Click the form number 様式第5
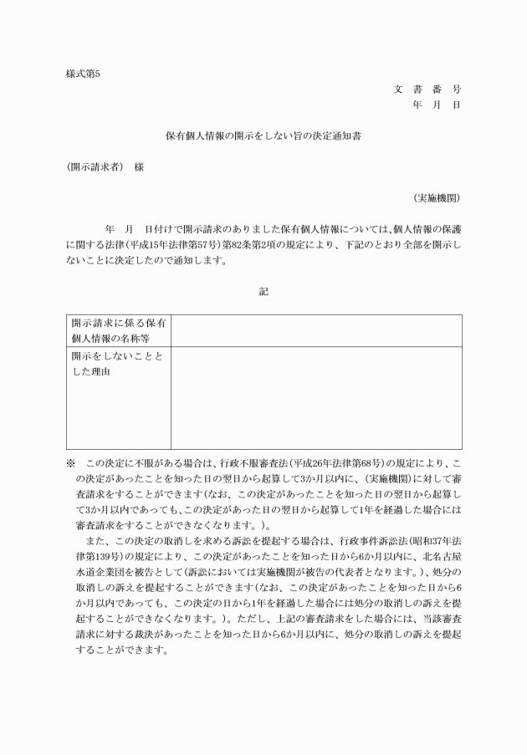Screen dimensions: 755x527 pyautogui.click(x=83, y=74)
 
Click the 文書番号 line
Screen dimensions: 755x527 pyautogui.click(x=427, y=89)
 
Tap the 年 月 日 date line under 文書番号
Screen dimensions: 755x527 pyautogui.click(x=436, y=105)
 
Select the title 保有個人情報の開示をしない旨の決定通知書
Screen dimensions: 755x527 pyautogui.click(x=263, y=134)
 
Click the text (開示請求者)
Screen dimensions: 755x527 pyautogui.click(x=95, y=166)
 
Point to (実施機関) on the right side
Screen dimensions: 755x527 pyautogui.click(x=436, y=198)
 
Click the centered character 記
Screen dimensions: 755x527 pyautogui.click(x=263, y=291)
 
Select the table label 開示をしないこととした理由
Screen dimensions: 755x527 pyautogui.click(x=118, y=363)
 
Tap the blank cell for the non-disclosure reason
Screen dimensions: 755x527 pyautogui.click(x=316, y=398)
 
